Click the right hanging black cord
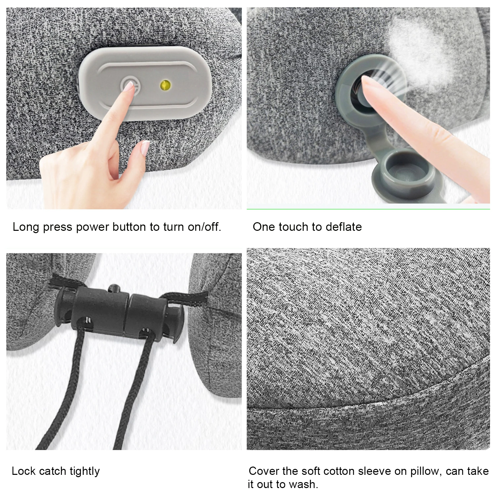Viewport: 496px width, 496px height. (x=132, y=397)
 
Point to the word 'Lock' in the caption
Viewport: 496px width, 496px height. (x=23, y=471)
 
